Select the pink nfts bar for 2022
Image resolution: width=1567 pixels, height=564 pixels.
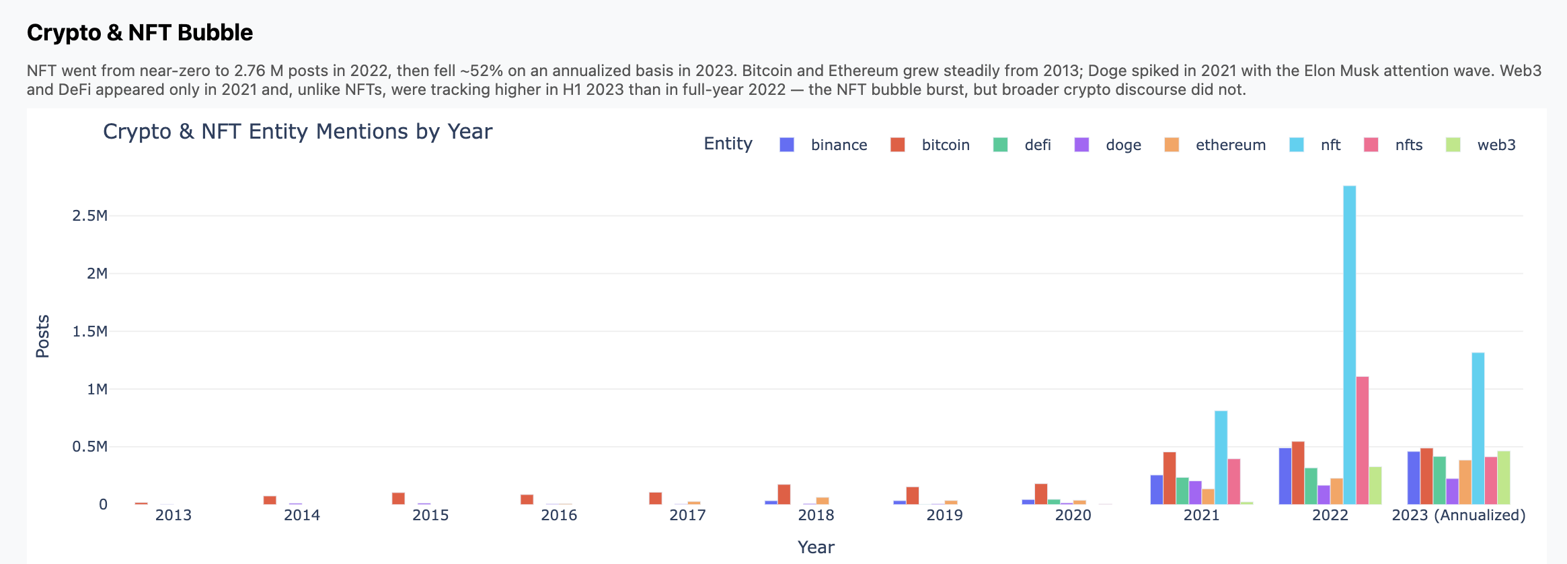click(x=1362, y=440)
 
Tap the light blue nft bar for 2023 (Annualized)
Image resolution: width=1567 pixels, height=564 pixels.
click(x=1478, y=428)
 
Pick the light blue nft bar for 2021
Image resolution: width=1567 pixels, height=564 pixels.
click(x=1221, y=458)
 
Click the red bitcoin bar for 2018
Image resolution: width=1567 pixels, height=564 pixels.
click(x=783, y=494)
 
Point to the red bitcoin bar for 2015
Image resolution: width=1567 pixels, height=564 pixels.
click(x=398, y=498)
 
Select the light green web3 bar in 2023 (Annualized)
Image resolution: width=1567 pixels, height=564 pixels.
click(x=1503, y=477)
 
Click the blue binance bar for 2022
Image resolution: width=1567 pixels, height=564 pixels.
click(x=1285, y=476)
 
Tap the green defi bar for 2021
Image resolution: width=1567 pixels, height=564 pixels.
click(x=1182, y=491)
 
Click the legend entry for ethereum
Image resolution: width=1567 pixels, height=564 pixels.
click(x=1230, y=145)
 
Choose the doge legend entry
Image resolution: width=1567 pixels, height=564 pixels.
click(x=1123, y=145)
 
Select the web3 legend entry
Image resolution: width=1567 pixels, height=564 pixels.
click(x=1496, y=145)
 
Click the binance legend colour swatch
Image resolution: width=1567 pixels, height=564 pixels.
click(x=786, y=145)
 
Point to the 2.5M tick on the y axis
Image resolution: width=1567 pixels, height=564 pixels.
click(x=89, y=215)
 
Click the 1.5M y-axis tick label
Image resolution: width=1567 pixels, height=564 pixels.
click(x=89, y=331)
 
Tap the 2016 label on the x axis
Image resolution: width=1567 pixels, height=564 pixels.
click(x=559, y=516)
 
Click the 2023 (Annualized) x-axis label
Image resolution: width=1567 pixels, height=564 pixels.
click(x=1458, y=516)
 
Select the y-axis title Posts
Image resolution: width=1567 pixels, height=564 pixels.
click(x=42, y=336)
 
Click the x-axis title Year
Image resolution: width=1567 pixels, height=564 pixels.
click(x=815, y=547)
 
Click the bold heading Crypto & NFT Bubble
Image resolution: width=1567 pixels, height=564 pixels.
click(x=140, y=32)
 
